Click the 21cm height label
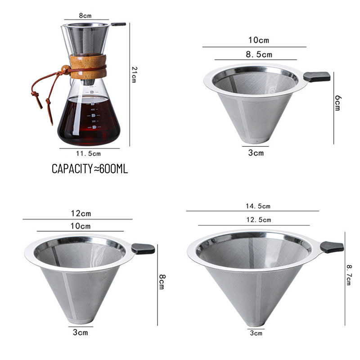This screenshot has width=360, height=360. (x=134, y=75)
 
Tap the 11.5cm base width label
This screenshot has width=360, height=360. (x=88, y=153)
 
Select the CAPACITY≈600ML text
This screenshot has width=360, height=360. (x=90, y=169)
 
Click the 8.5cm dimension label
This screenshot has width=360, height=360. (x=259, y=54)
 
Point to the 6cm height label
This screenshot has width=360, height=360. (x=337, y=103)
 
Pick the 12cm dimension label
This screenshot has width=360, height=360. (x=81, y=213)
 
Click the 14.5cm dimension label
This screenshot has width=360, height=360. (x=258, y=206)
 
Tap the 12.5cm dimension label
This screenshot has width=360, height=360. (x=259, y=220)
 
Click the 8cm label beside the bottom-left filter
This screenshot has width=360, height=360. (x=162, y=282)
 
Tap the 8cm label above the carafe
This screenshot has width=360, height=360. (x=85, y=16)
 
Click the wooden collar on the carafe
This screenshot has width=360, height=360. (x=88, y=66)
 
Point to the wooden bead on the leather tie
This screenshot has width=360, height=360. (x=65, y=69)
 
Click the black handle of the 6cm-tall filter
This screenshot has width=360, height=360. (x=317, y=76)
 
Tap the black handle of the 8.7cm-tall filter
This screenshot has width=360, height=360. (x=332, y=247)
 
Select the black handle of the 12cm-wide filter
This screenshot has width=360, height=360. (x=143, y=249)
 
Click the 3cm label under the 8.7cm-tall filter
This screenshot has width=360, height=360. (x=256, y=333)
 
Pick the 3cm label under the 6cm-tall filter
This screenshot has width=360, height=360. (x=256, y=153)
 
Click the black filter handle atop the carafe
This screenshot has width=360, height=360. (x=118, y=24)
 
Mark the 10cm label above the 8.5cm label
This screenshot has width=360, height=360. (x=258, y=40)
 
